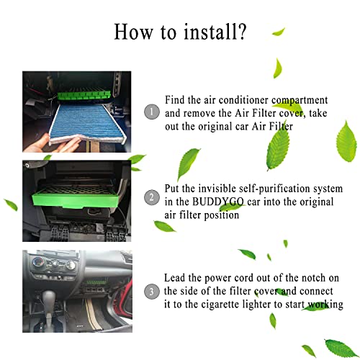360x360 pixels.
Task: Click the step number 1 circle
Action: point(151,112)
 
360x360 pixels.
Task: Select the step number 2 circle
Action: point(151,197)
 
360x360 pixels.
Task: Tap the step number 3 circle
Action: point(151,292)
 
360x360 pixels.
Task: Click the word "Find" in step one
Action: point(175,99)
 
